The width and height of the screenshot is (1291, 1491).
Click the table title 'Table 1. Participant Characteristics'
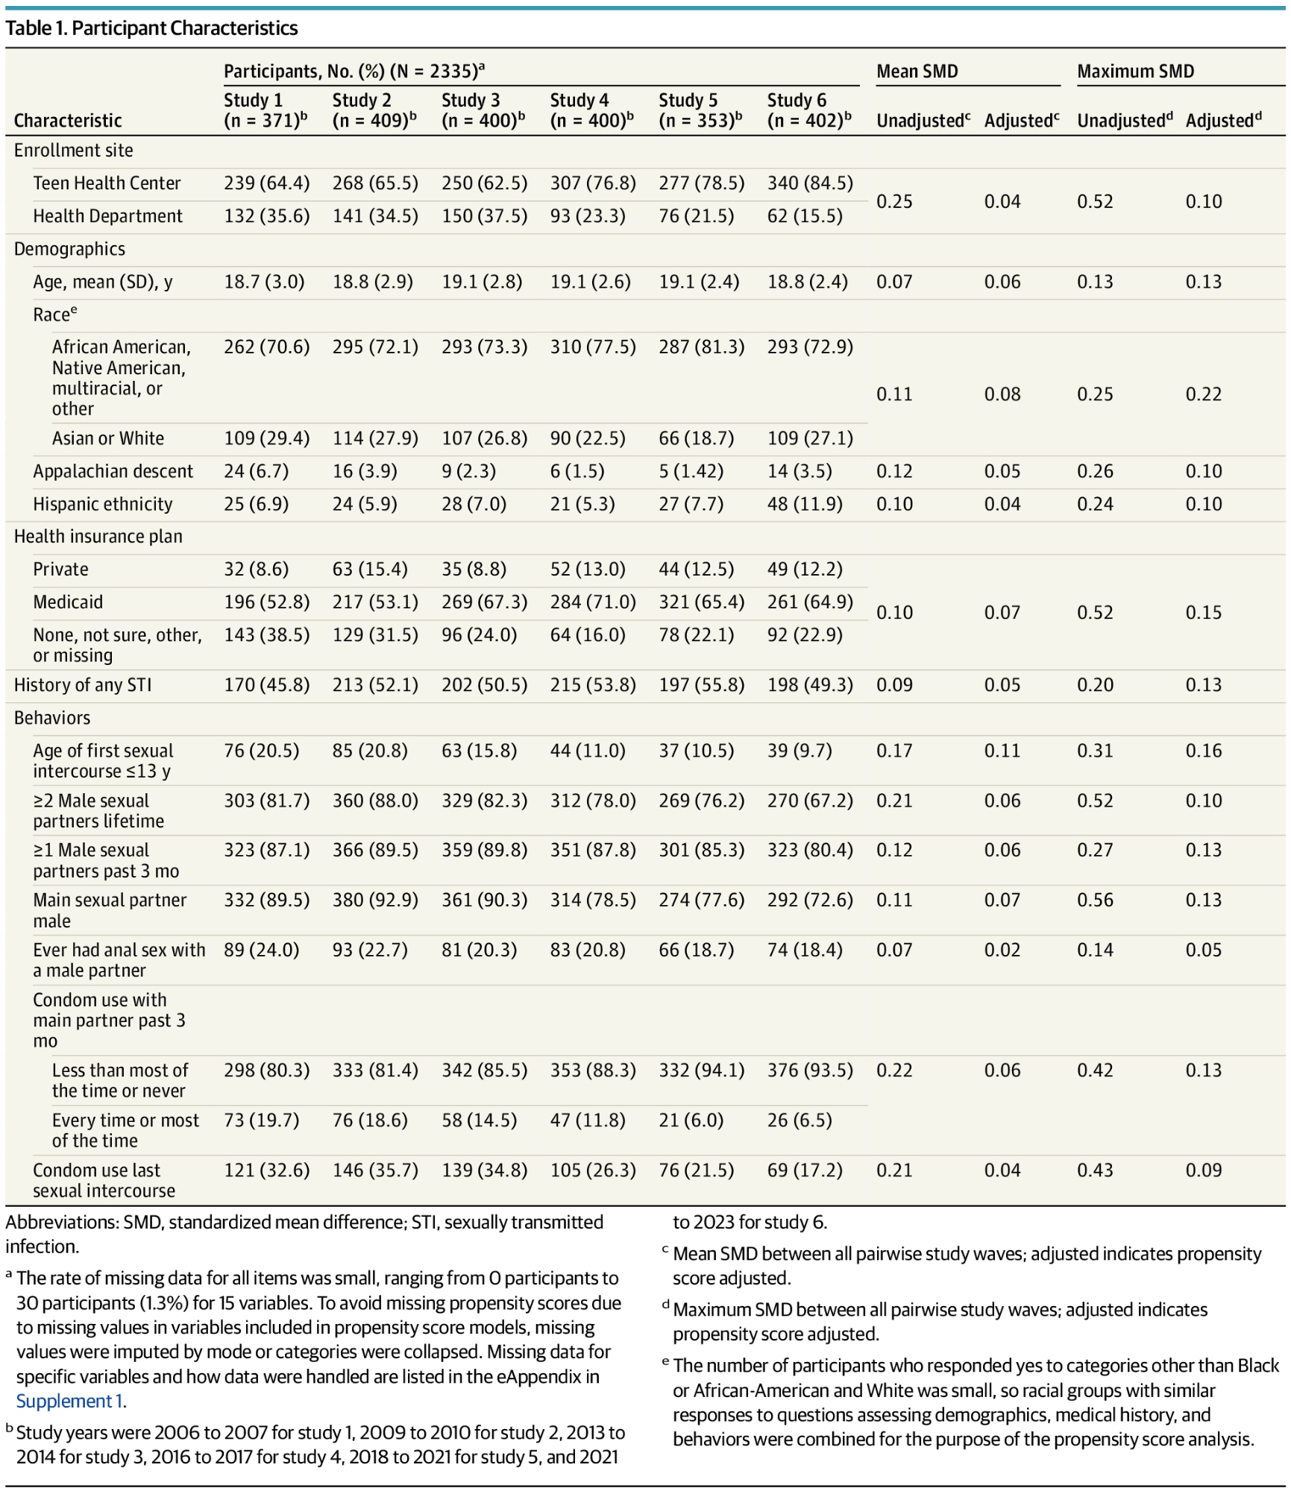(151, 28)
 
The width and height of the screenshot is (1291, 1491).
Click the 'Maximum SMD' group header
(1135, 72)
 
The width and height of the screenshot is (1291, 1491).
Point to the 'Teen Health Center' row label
(107, 183)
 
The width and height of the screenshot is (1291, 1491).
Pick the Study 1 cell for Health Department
(266, 216)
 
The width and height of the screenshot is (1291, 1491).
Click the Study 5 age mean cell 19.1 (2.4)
(699, 282)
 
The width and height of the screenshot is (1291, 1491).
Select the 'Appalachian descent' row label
(113, 471)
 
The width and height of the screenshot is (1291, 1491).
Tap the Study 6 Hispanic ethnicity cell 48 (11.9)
(805, 504)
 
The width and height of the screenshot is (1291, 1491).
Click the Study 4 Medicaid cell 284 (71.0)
(593, 602)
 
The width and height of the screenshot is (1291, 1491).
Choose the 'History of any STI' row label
(83, 685)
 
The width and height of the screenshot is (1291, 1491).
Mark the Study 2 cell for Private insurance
(370, 570)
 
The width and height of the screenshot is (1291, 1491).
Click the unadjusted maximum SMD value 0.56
(1095, 900)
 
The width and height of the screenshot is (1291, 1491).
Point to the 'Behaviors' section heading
(52, 718)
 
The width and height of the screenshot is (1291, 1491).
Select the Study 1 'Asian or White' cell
(266, 438)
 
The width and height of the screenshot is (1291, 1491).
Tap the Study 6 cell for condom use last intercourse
(805, 1170)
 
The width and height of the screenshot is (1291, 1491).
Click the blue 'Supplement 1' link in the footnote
(69, 1402)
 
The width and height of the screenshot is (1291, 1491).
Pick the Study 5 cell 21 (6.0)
(691, 1120)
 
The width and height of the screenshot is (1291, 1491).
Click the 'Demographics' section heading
(69, 249)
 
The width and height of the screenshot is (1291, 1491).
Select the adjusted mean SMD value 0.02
(1002, 950)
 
